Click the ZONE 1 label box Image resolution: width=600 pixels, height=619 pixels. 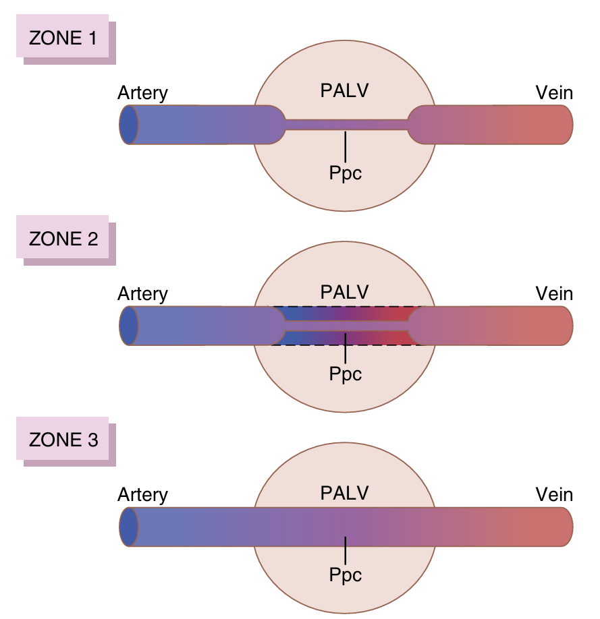click(63, 38)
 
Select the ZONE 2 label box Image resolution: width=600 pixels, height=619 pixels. click(63, 239)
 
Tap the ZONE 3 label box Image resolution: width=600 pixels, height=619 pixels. click(63, 440)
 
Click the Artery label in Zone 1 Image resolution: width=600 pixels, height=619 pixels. click(142, 92)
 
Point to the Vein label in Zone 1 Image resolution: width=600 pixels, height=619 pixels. click(554, 92)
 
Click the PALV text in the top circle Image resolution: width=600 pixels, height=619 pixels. click(344, 90)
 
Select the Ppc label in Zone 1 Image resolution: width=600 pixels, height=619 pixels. click(346, 173)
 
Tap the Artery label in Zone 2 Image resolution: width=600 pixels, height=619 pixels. click(142, 294)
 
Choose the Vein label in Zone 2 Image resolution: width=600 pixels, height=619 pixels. click(554, 294)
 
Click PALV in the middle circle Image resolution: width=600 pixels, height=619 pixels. click(344, 292)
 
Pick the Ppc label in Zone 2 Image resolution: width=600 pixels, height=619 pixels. click(346, 374)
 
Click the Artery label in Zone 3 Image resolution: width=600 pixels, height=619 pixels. click(142, 495)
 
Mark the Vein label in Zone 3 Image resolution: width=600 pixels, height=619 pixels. click(554, 495)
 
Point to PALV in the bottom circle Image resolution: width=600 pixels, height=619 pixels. click(344, 493)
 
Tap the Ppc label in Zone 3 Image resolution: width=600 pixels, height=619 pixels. click(346, 575)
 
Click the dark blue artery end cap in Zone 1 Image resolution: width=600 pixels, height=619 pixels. click(128, 125)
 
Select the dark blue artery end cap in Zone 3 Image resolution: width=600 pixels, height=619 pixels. click(128, 527)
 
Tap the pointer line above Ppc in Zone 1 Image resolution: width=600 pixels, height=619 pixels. click(346, 145)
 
